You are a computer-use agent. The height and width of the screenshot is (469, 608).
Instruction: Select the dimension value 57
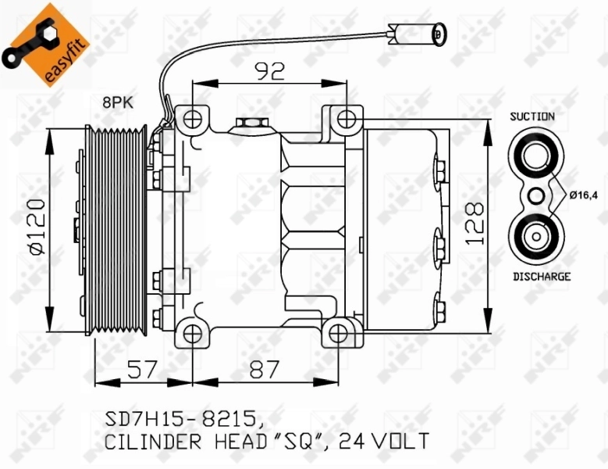coord(142,369)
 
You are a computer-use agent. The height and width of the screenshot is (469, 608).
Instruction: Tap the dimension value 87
coord(264,369)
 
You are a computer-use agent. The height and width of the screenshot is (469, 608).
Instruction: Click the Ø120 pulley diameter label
coord(35,226)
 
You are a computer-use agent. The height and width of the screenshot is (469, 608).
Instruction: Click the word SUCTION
coord(532,116)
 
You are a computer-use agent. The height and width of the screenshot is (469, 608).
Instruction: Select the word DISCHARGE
coord(542,276)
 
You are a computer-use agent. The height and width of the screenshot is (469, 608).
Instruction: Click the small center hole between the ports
coord(535,195)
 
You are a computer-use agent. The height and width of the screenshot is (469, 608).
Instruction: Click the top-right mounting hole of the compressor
coord(347,119)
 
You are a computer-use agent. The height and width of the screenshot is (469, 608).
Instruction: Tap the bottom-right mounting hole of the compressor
coord(337,332)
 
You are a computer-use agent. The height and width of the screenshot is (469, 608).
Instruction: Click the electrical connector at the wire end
coord(419,34)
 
